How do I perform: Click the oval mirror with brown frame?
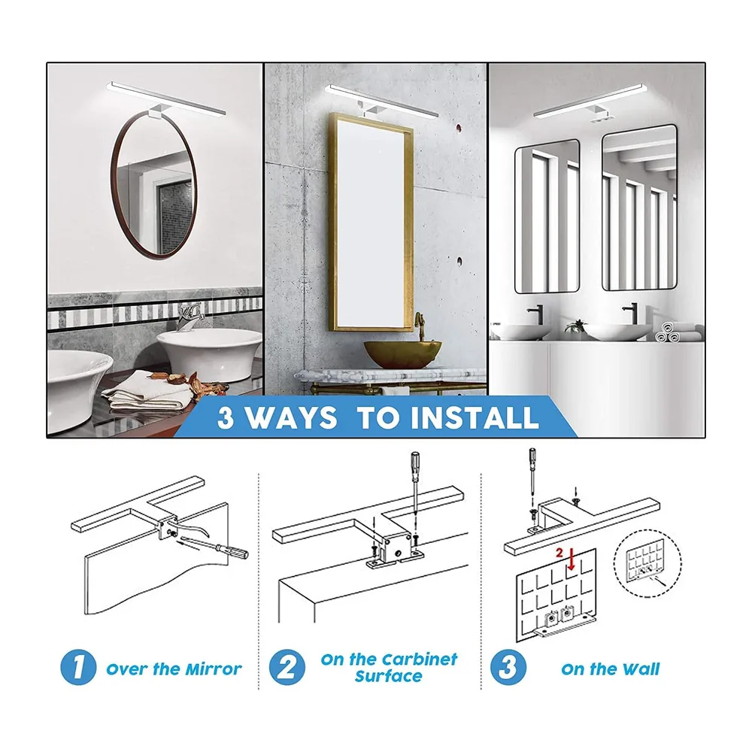point(114,187)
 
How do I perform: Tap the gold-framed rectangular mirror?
point(332,220)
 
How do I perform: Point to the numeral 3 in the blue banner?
point(226,417)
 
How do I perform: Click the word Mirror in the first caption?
point(214,669)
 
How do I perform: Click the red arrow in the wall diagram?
point(571,559)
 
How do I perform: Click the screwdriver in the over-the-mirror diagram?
point(211,547)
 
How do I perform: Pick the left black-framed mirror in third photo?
point(517,216)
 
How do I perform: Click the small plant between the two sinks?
point(576,326)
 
